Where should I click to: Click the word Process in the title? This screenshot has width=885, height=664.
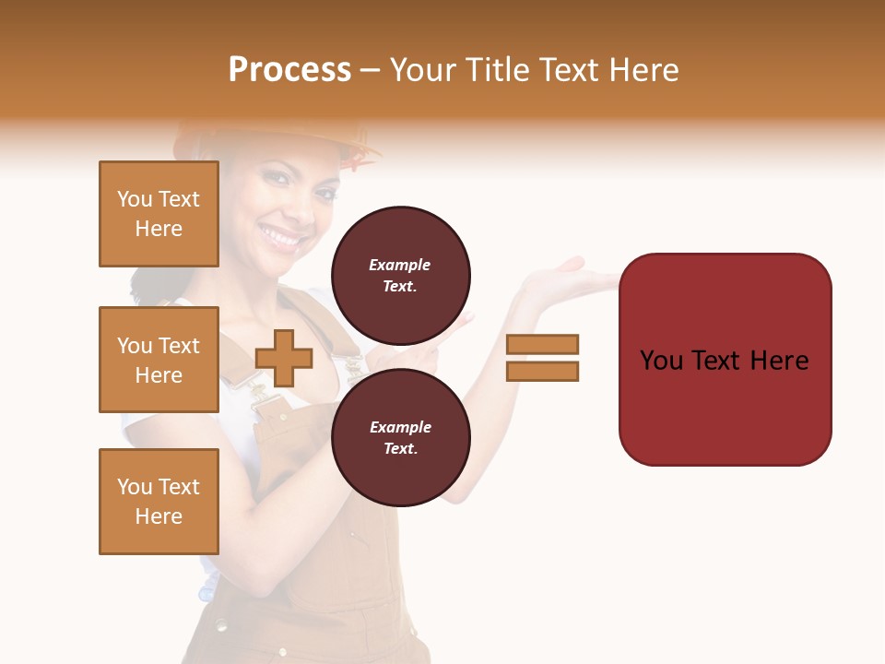tap(289, 70)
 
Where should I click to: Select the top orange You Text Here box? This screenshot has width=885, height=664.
tap(159, 214)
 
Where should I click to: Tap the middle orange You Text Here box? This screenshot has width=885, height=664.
tap(159, 360)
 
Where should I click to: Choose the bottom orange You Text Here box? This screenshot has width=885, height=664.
tap(159, 502)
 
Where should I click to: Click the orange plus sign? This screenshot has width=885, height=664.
tap(284, 358)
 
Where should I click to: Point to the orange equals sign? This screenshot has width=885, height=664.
tap(542, 358)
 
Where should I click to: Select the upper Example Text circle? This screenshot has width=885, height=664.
tap(400, 275)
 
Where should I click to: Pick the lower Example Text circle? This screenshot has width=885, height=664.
tap(400, 437)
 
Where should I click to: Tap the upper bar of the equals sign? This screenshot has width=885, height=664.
tap(542, 344)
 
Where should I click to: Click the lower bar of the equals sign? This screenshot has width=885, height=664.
tap(542, 372)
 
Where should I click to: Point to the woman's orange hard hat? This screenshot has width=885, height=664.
tap(277, 138)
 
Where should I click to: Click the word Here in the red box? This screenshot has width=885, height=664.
tap(779, 360)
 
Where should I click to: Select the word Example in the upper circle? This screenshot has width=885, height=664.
tap(400, 265)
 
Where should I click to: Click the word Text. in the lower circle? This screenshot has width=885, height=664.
tap(400, 448)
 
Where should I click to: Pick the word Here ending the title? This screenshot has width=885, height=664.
tap(643, 70)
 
